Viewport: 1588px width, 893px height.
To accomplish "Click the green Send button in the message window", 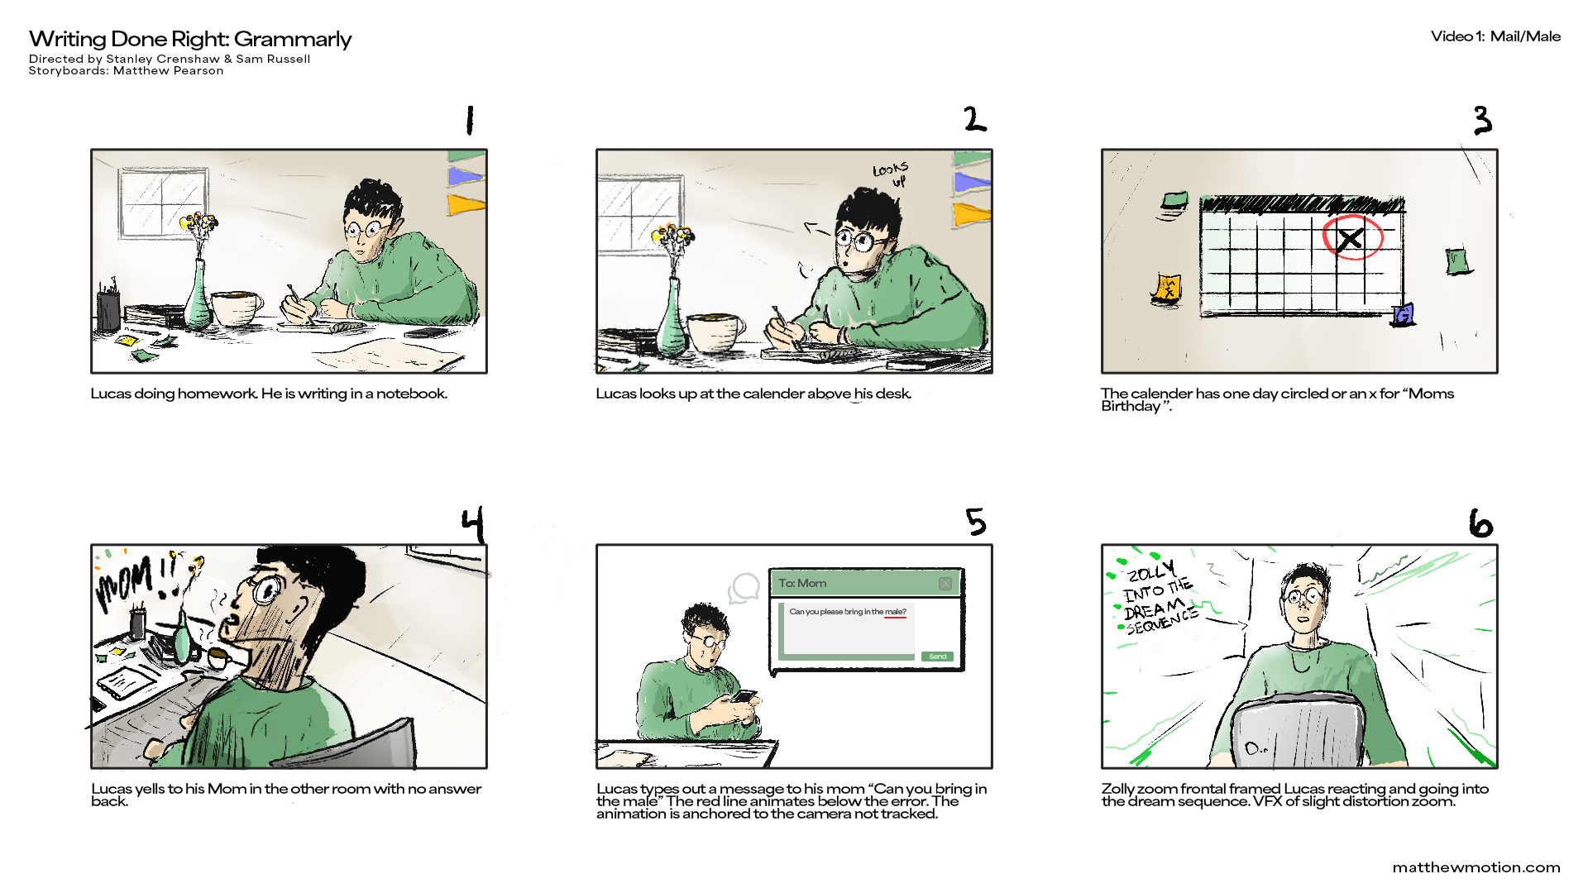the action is (x=937, y=657).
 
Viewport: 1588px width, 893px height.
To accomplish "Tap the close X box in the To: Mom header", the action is (x=945, y=584).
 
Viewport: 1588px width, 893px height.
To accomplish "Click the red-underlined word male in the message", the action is (x=893, y=612).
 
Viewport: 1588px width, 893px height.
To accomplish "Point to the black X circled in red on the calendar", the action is (x=1350, y=240).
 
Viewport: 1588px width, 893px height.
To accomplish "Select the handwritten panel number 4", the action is (x=473, y=526).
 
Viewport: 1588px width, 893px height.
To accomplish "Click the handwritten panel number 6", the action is (x=1481, y=523).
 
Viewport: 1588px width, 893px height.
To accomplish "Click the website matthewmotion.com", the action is (x=1476, y=867).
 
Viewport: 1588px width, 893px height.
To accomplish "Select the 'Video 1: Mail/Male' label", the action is (x=1496, y=36).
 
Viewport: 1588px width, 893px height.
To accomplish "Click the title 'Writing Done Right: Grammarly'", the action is (x=190, y=39).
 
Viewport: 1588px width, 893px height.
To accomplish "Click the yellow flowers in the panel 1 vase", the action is (x=198, y=223).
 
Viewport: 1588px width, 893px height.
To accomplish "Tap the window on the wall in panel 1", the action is (x=163, y=203).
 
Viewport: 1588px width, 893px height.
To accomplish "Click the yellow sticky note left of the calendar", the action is (x=1167, y=289).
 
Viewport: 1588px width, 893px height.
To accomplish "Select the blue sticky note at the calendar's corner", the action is (x=1403, y=314).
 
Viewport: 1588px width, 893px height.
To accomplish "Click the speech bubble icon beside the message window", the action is (x=744, y=588).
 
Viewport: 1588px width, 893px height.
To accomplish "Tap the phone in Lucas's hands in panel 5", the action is (x=743, y=696).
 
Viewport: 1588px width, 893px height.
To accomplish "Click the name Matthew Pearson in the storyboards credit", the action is (x=169, y=71).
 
